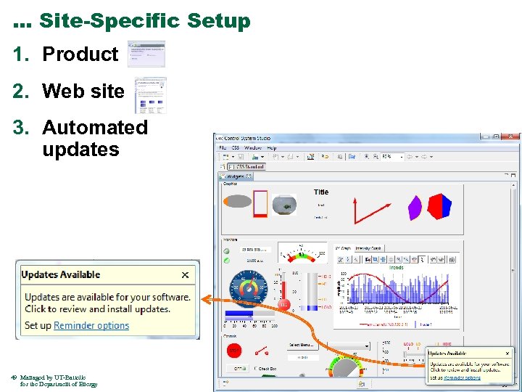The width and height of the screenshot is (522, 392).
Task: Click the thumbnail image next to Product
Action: pos(146,54)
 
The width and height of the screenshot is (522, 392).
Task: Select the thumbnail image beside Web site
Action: pos(150,95)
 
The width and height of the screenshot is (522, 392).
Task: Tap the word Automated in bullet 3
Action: pos(95,128)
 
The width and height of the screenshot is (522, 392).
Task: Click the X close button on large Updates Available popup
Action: pos(185,274)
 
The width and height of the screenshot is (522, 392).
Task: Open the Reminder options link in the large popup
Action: pos(91,326)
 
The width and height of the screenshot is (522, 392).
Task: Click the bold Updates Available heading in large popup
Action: pos(61,274)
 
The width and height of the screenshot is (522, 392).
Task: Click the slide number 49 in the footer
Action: pos(14,377)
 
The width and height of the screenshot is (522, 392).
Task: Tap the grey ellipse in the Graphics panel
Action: pos(239,201)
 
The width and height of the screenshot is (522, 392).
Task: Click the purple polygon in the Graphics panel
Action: pos(414,207)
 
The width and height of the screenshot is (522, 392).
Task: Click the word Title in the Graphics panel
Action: pos(321,192)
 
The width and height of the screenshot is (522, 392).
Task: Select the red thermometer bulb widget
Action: pos(285,304)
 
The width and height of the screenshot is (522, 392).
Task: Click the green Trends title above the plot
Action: pos(396,267)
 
